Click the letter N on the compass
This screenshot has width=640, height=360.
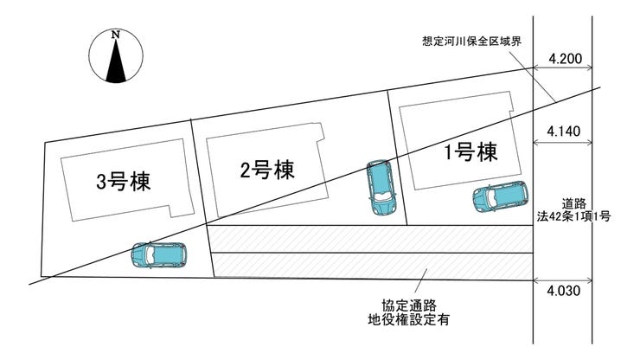(116, 35)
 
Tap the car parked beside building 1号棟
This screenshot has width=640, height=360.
(499, 198)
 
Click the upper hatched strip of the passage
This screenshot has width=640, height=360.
(372, 238)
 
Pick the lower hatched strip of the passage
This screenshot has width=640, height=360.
(372, 266)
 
